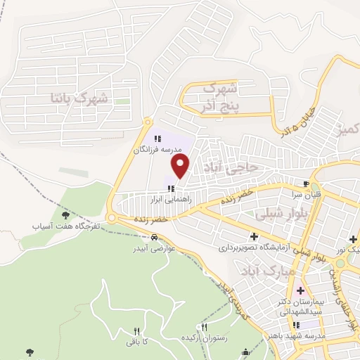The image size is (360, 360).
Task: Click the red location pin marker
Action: [x=181, y=166]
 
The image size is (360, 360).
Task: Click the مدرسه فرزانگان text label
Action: [x=158, y=150]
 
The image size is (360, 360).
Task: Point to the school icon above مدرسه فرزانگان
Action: [x=157, y=139]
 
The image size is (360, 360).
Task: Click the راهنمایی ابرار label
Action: [x=171, y=199]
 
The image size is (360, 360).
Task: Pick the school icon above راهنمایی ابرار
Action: [x=171, y=188]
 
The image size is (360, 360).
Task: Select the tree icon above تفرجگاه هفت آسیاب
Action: [x=65, y=215]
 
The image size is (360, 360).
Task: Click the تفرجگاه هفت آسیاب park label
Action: [x=65, y=227]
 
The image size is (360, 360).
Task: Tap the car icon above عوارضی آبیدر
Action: [x=154, y=238]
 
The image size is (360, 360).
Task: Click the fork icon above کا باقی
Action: [x=137, y=330]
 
